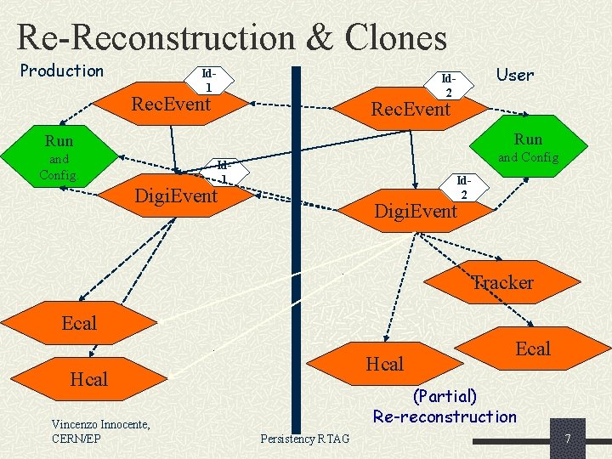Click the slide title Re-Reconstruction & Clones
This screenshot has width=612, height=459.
point(231,37)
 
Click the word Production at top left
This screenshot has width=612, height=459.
point(61,71)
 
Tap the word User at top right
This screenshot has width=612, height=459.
point(515,75)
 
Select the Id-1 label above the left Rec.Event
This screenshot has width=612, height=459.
point(207,80)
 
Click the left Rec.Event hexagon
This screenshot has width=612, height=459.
point(171,105)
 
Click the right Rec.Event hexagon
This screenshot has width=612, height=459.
point(411,109)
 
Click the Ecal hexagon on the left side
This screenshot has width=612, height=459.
point(79,323)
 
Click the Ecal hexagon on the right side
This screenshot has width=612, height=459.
point(532,348)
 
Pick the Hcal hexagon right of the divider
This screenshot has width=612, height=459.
point(384,364)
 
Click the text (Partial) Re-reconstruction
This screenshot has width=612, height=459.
point(445,406)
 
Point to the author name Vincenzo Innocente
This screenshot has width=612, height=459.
point(100,424)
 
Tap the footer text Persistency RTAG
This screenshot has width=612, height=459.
point(304,438)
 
